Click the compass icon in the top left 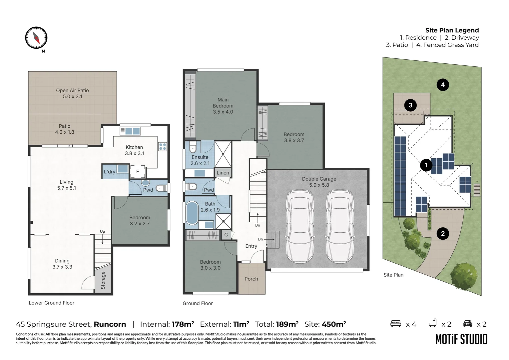(x=36, y=38)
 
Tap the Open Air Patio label (x=72, y=93)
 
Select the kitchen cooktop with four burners (x=162, y=146)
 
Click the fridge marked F (x=138, y=172)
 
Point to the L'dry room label (x=109, y=172)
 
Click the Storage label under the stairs (x=103, y=280)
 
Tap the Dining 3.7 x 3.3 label (x=62, y=264)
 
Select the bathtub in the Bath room (x=192, y=212)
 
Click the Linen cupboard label (x=223, y=173)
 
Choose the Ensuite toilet (x=193, y=147)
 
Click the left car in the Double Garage (x=300, y=226)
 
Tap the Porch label (x=251, y=279)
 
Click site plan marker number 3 (x=410, y=105)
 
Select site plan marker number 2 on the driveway (x=443, y=234)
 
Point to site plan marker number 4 (x=443, y=85)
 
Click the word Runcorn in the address (x=110, y=324)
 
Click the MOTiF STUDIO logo (x=461, y=339)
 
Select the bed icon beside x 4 (x=396, y=324)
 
